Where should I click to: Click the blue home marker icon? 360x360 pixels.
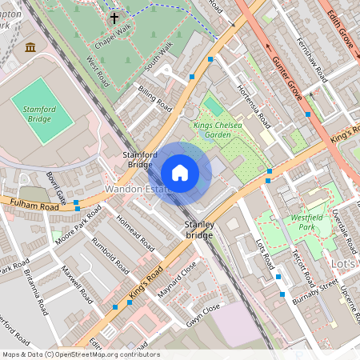(x=180, y=173)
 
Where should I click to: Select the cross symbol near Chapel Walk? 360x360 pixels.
(x=114, y=17)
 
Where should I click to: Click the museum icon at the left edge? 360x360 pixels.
(x=30, y=48)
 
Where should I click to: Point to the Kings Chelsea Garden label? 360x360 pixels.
(x=218, y=130)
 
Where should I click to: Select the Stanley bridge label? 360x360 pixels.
(x=199, y=230)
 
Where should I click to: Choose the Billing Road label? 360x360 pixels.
(x=154, y=98)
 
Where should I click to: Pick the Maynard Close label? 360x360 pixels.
(x=177, y=281)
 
